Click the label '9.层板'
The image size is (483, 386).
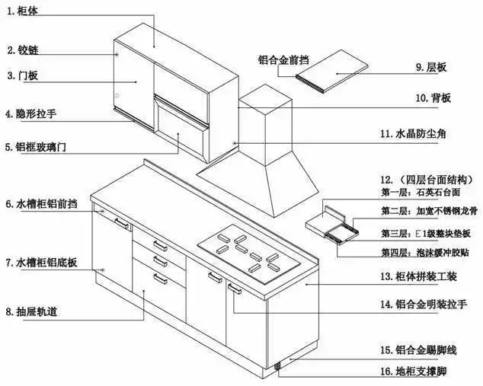click(x=430, y=69)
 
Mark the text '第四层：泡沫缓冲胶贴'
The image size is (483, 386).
click(x=421, y=252)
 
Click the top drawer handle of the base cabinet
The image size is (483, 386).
click(x=160, y=244)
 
